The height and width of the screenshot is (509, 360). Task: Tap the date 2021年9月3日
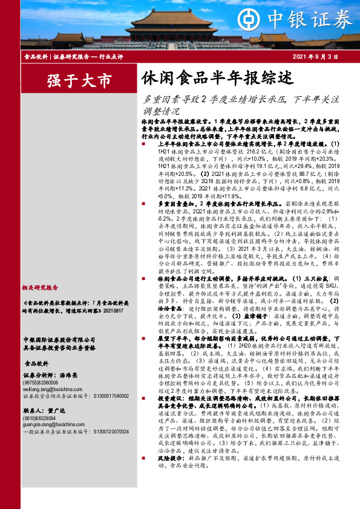tap(319, 56)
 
